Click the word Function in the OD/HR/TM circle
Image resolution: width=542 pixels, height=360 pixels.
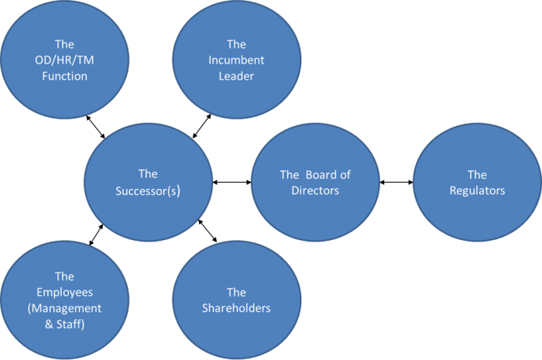[65, 76]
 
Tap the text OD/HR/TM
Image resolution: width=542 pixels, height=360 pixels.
[65, 60]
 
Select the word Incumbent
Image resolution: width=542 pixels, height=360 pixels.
[236, 60]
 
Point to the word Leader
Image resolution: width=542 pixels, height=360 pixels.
[236, 76]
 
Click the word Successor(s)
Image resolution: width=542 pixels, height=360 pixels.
[148, 190]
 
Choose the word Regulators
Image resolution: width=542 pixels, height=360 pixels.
[477, 190]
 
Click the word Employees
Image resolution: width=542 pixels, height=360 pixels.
[65, 293]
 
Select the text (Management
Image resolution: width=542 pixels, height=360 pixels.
[65, 308]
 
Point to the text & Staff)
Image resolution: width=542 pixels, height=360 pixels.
[65, 324]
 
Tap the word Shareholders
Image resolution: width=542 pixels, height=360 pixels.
[236, 308]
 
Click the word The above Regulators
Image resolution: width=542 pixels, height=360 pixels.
[477, 175]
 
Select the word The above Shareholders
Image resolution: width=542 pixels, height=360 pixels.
[236, 293]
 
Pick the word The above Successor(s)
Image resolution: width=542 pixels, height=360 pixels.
[148, 175]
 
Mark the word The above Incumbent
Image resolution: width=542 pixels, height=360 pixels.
[236, 45]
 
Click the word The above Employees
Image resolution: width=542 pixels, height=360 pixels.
[65, 277]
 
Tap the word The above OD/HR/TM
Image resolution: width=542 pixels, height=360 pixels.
[65, 45]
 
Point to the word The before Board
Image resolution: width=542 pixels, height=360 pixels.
[290, 175]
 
